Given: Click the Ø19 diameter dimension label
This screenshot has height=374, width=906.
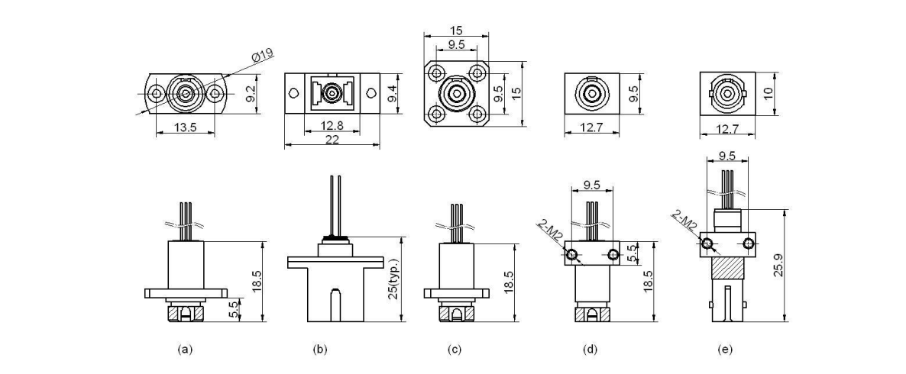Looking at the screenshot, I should pyautogui.click(x=263, y=56).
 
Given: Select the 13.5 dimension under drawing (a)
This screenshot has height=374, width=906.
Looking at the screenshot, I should pyautogui.click(x=183, y=127).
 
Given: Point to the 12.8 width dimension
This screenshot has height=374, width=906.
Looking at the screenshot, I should pyautogui.click(x=330, y=125).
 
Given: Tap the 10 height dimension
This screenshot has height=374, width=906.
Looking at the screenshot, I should pyautogui.click(x=768, y=92).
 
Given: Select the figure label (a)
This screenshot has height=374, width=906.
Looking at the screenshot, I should pyautogui.click(x=184, y=350).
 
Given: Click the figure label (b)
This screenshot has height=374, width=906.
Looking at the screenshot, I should pyautogui.click(x=320, y=350).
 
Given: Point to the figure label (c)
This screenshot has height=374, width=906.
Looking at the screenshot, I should pyautogui.click(x=455, y=350).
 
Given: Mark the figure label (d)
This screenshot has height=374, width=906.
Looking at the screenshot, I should pyautogui.click(x=590, y=350).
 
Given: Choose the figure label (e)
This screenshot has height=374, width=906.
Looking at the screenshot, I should pyautogui.click(x=725, y=350).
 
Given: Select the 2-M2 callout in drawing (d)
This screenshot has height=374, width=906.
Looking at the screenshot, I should pyautogui.click(x=551, y=227).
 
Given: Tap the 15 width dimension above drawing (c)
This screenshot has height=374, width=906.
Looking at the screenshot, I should pyautogui.click(x=455, y=31).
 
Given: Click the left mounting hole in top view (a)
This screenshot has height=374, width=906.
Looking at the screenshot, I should pyautogui.click(x=156, y=94).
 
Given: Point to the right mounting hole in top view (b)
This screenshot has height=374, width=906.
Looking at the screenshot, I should pyautogui.click(x=370, y=93).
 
